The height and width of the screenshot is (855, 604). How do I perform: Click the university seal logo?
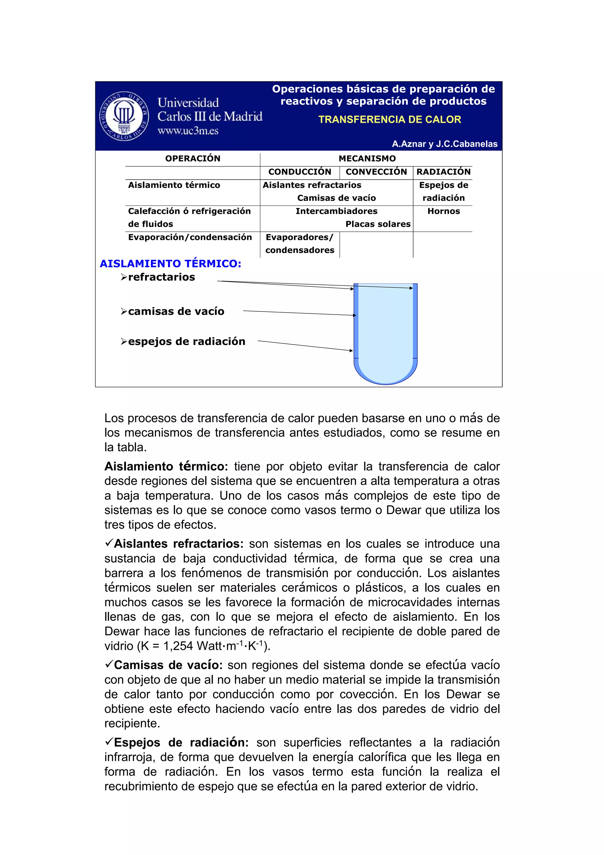(x=124, y=115)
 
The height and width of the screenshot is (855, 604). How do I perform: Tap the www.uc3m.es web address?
(x=188, y=131)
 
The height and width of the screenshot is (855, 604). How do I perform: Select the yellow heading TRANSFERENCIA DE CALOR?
(x=389, y=120)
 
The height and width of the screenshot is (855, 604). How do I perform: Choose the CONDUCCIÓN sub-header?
(x=300, y=172)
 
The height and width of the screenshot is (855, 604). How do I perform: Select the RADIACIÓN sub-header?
(x=443, y=172)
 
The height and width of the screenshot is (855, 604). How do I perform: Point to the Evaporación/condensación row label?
(x=190, y=238)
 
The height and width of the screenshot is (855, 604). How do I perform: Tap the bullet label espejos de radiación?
(x=186, y=342)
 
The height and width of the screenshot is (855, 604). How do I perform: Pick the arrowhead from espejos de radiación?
(x=351, y=350)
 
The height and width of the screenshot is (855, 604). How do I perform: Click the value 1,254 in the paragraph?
(x=178, y=646)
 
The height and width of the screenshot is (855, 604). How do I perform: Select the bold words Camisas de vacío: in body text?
(x=168, y=666)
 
